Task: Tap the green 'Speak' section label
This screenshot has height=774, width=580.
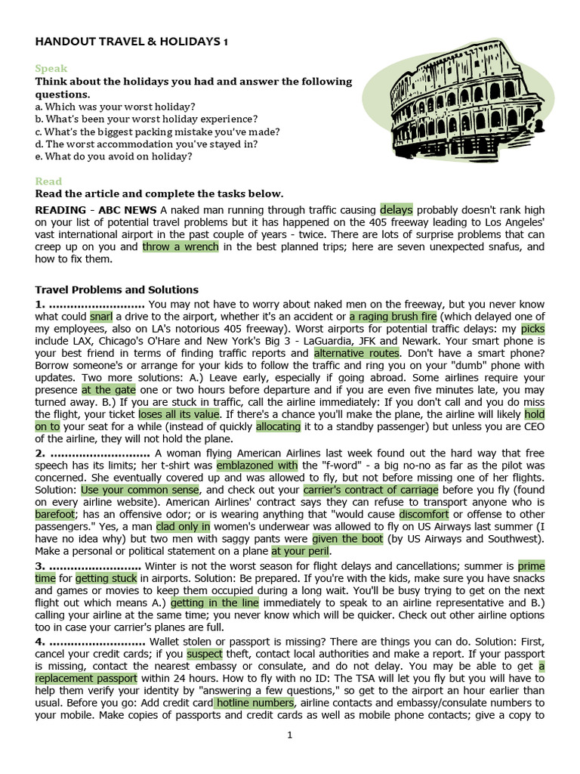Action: coord(51,68)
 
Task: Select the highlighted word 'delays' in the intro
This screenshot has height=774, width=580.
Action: coord(396,209)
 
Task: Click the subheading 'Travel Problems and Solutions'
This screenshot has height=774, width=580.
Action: coord(117,289)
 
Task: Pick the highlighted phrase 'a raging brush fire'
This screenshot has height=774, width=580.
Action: coord(393,317)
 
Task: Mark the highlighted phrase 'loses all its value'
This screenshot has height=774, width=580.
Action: coord(179,414)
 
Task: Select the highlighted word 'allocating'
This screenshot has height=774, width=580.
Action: coord(278,426)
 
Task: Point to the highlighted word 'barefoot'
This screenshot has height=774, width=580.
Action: coord(54,514)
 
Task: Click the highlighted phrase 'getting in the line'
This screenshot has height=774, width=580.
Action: coord(214,602)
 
